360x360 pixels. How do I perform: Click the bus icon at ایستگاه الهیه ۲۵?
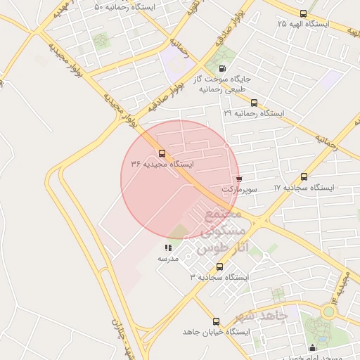coord(303,13)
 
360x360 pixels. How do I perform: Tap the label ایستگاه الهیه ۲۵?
coord(303,24)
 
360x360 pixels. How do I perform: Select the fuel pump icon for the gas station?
coord(223,69)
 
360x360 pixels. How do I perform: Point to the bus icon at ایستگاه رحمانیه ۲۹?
coord(254,103)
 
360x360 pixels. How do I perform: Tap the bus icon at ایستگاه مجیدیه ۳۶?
coord(162,153)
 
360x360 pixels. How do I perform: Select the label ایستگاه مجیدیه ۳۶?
coord(162,163)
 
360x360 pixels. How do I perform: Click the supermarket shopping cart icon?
coord(240,179)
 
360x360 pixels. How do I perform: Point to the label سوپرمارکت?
coord(240,189)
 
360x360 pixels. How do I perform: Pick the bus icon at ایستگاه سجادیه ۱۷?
coord(304,177)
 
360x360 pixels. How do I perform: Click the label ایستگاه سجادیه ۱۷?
coord(304,188)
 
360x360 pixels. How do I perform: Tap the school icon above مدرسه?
coord(167,248)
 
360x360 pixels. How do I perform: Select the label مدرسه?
coord(167,259)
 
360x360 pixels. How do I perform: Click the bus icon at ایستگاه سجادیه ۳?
coord(219,267)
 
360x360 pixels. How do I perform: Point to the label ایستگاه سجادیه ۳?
coord(219,278)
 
